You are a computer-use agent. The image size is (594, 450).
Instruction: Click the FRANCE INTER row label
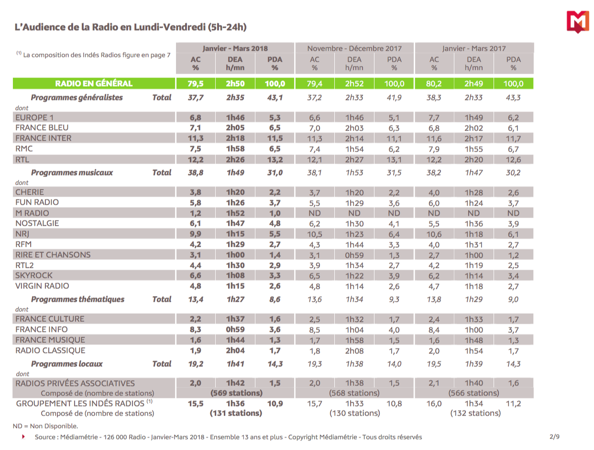(x=44, y=138)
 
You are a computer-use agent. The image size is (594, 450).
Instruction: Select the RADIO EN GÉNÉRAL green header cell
(x=94, y=84)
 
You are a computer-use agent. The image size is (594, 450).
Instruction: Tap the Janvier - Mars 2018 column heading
(x=235, y=48)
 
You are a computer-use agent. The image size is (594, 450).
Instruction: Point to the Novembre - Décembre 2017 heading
(x=354, y=48)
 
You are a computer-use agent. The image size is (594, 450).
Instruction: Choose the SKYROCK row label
(x=34, y=275)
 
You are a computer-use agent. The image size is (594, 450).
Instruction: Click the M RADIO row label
(x=32, y=213)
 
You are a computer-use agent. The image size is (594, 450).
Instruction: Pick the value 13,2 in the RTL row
(x=275, y=159)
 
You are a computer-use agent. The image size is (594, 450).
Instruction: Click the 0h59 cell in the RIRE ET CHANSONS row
(x=354, y=255)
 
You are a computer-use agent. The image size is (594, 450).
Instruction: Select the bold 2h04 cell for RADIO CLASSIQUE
(x=235, y=351)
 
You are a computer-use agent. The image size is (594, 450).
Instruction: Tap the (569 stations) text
(x=235, y=393)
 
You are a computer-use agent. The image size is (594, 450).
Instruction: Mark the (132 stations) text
(x=474, y=413)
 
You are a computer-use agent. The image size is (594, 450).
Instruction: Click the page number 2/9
(x=554, y=437)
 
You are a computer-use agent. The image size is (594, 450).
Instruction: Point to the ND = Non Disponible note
(x=45, y=426)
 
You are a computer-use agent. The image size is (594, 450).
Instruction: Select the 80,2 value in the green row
(x=434, y=84)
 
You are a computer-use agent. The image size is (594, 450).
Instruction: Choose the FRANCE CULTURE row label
(x=50, y=319)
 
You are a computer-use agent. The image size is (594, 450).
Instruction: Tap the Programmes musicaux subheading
(x=72, y=173)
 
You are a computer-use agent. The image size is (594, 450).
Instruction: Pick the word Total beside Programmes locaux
(x=162, y=364)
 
